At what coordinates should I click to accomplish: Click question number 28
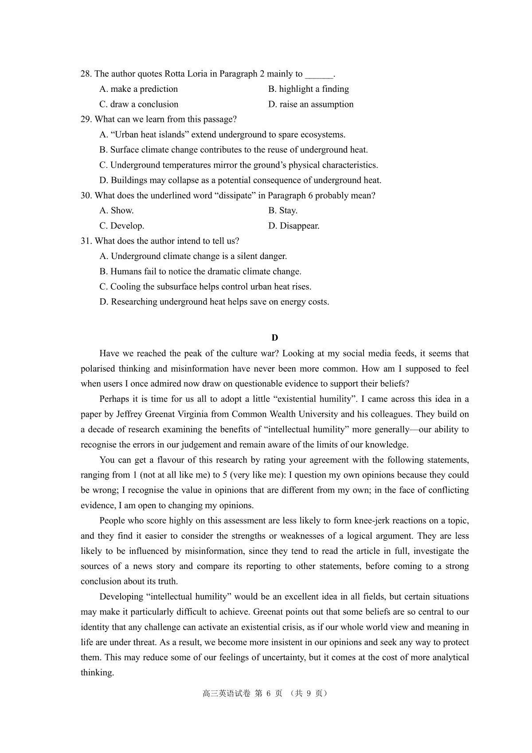pos(86,74)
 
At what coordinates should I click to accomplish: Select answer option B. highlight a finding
pos(309,89)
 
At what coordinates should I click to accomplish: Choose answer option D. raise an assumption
pos(311,104)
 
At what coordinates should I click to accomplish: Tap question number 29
pos(86,119)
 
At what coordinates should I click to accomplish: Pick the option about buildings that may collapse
pos(240,180)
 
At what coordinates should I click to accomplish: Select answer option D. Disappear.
pos(293,226)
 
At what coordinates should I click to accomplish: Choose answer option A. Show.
pos(117,211)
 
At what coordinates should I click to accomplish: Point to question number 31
pos(86,241)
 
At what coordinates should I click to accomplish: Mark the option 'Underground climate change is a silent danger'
pos(193,256)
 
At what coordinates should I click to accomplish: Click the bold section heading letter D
pos(275,338)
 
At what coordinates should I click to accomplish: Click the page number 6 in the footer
pos(269,694)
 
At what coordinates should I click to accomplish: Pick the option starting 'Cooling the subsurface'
pos(205,286)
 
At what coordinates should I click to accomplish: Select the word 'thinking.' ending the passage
pos(97,673)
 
